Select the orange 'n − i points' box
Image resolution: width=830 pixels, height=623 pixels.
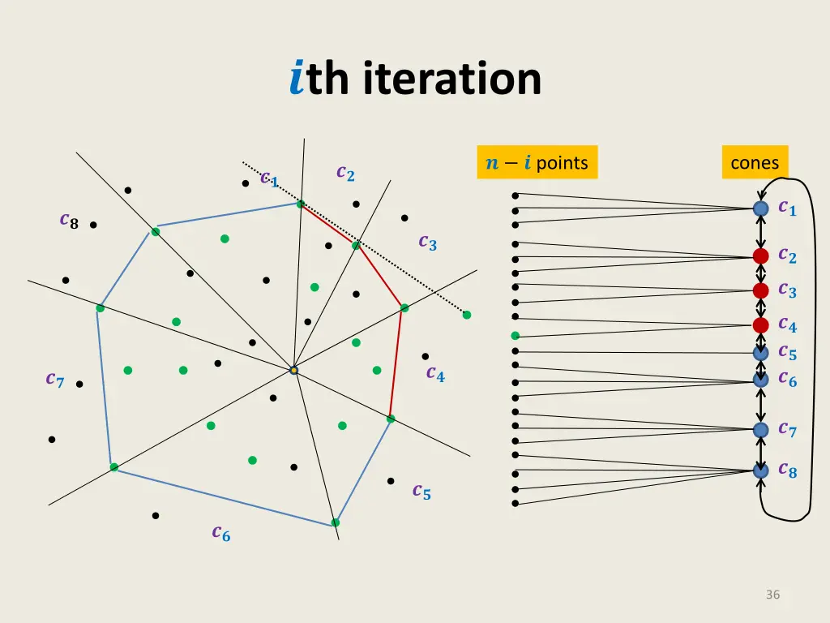tap(537, 162)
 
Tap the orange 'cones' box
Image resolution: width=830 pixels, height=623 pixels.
tap(755, 162)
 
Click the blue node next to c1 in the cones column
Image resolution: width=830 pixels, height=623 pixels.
tap(760, 208)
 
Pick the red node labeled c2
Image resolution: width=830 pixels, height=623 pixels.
tap(760, 256)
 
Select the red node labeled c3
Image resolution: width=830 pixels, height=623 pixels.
tap(760, 290)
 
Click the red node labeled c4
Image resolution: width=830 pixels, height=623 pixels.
tap(760, 325)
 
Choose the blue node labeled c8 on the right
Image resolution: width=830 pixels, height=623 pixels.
tap(760, 470)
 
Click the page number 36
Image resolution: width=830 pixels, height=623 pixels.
tap(772, 595)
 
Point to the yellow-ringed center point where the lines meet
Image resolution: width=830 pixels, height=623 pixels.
tap(294, 370)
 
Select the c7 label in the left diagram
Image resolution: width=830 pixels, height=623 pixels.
tap(55, 379)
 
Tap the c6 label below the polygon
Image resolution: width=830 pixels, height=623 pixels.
tap(220, 532)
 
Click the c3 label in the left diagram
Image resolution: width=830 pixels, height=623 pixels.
tap(427, 242)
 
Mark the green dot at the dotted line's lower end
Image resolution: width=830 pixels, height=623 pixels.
tap(467, 315)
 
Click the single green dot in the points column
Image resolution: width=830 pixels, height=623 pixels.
tap(515, 335)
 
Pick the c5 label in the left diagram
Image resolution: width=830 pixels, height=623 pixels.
tap(421, 491)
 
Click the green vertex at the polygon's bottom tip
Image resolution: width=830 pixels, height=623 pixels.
tap(335, 522)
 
